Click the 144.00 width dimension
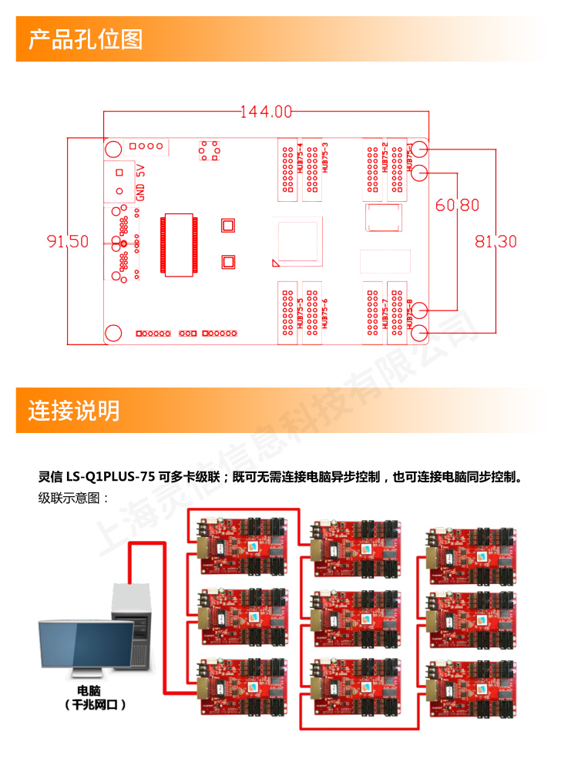(x=266, y=112)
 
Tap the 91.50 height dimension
(x=68, y=241)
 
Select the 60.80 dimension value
(x=457, y=205)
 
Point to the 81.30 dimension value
(x=496, y=241)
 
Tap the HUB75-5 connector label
(x=299, y=314)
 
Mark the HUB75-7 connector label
(x=384, y=314)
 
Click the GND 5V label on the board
(x=141, y=182)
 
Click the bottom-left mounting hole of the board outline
(x=113, y=333)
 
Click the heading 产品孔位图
(x=86, y=39)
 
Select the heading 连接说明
(x=74, y=410)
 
